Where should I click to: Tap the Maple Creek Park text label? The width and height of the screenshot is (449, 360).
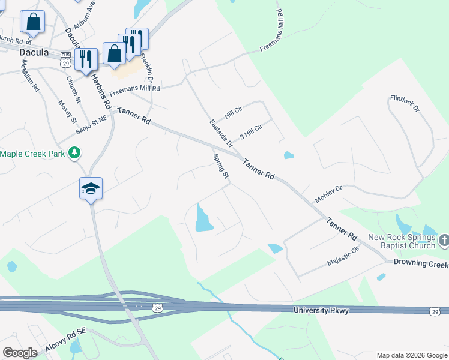pyautogui.click(x=32, y=154)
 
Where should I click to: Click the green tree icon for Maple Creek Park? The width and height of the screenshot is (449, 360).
pyautogui.click(x=74, y=154)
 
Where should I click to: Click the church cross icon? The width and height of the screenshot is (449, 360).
pyautogui.click(x=444, y=241)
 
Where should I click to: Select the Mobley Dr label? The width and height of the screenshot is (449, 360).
pyautogui.click(x=329, y=194)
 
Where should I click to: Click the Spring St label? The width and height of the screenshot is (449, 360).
pyautogui.click(x=221, y=166)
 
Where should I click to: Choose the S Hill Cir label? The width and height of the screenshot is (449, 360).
pyautogui.click(x=251, y=132)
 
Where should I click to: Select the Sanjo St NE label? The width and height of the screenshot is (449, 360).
pyautogui.click(x=91, y=124)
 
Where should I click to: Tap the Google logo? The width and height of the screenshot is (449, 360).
pyautogui.click(x=20, y=353)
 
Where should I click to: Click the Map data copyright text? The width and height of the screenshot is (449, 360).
pyautogui.click(x=411, y=355)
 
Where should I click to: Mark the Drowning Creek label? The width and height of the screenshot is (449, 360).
pyautogui.click(x=421, y=264)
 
